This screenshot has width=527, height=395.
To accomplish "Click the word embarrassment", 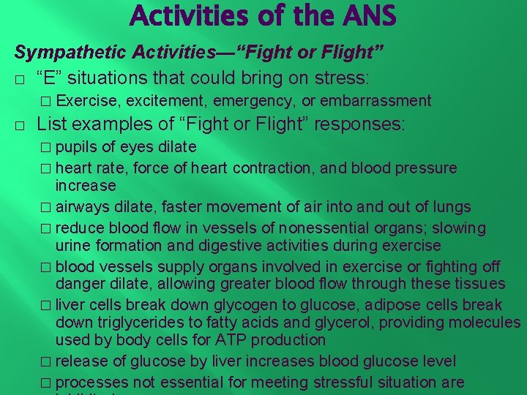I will [x=375, y=101].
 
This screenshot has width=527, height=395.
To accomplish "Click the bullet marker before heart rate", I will [x=48, y=169].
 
